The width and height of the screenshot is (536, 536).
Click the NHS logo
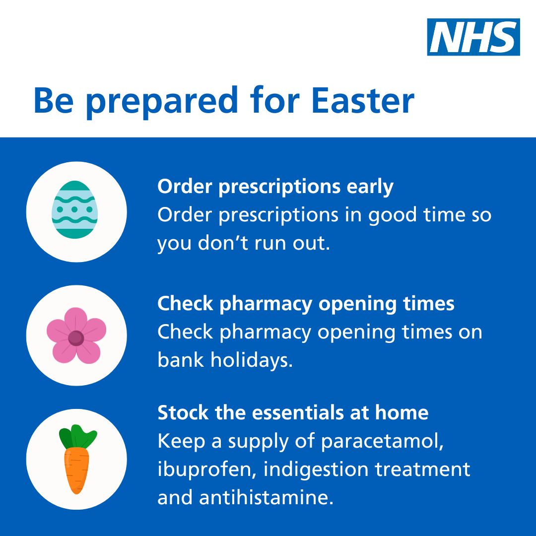point(473,37)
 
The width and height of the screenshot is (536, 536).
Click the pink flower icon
point(76,335)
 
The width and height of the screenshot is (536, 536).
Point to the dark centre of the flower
point(76,338)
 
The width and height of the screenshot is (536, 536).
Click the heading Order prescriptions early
point(275,187)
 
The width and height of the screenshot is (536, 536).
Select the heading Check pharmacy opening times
point(306,304)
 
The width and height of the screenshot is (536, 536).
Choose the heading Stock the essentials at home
point(293,412)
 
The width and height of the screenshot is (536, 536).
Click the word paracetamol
point(382,441)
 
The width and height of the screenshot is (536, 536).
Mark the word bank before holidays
point(181,360)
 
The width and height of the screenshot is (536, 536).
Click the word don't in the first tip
point(219,243)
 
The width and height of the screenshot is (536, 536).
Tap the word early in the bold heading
point(370,187)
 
